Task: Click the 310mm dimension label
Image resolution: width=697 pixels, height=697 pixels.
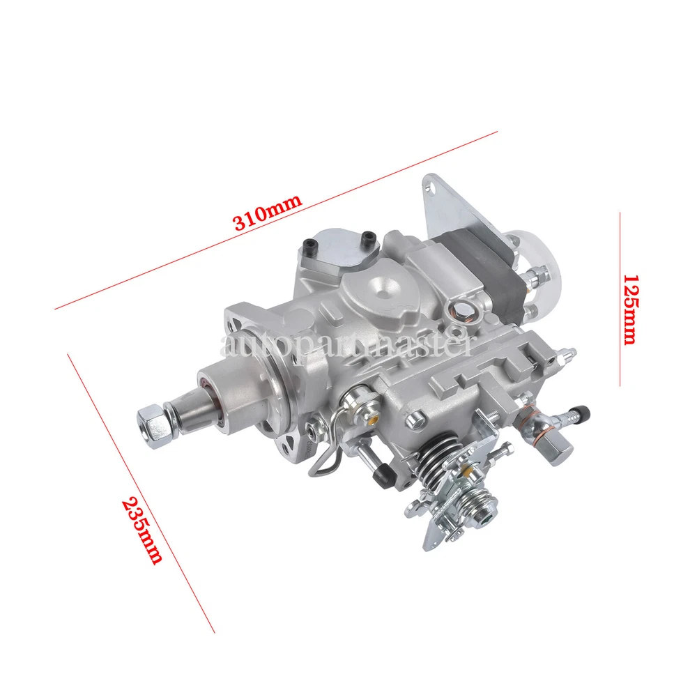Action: coord(268,212)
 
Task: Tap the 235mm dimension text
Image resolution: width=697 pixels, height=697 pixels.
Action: coord(141,530)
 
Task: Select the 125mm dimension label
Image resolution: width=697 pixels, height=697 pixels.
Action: coord(630,309)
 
